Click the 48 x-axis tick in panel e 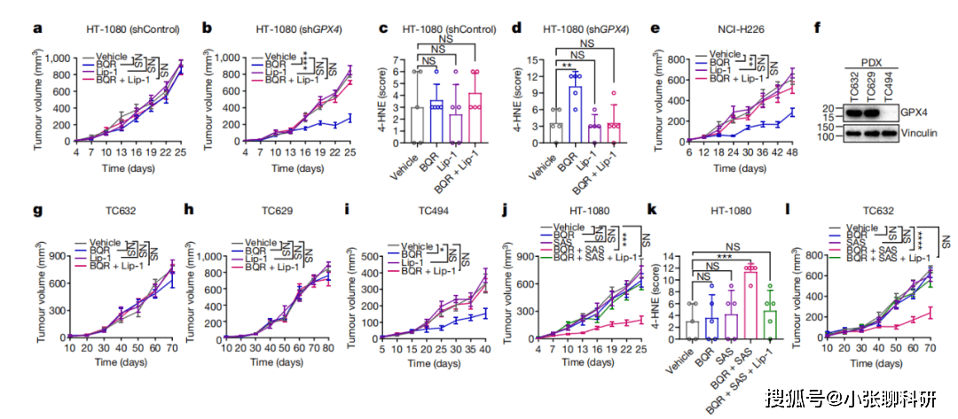[792, 154]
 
